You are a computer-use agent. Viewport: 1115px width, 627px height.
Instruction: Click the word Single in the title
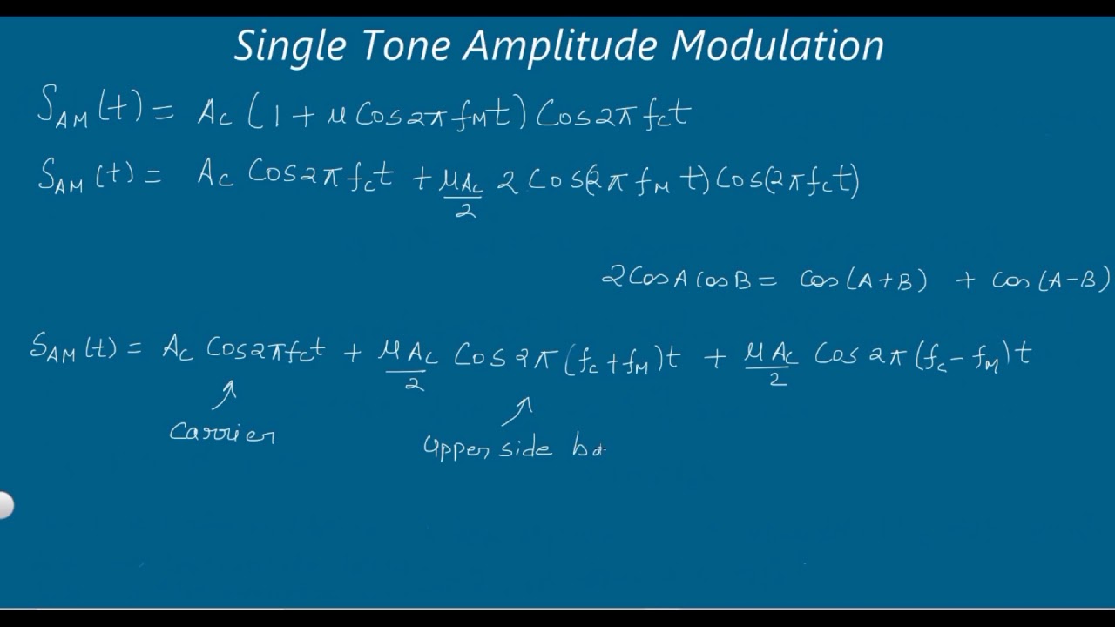[x=289, y=46]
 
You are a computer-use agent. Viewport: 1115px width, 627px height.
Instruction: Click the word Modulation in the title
[x=778, y=46]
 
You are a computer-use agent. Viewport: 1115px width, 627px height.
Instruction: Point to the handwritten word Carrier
[x=222, y=432]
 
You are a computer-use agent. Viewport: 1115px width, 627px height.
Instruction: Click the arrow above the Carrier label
[x=225, y=394]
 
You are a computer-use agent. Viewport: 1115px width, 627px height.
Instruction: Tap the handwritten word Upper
[x=456, y=448]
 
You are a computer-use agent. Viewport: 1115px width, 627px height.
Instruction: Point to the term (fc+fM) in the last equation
[x=614, y=358]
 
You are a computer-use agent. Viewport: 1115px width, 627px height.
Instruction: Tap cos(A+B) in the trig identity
[x=863, y=280]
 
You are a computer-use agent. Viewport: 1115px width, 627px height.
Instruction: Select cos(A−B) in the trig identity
[x=1051, y=280]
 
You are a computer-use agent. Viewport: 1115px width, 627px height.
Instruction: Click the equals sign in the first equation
[x=163, y=111]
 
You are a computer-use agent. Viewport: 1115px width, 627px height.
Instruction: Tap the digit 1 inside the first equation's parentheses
[x=276, y=116]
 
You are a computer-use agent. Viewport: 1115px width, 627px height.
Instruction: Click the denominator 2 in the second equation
[x=465, y=210]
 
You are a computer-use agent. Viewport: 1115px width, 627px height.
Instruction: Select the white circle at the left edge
[x=4, y=505]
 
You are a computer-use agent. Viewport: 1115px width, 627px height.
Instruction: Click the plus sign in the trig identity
[x=965, y=281]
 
